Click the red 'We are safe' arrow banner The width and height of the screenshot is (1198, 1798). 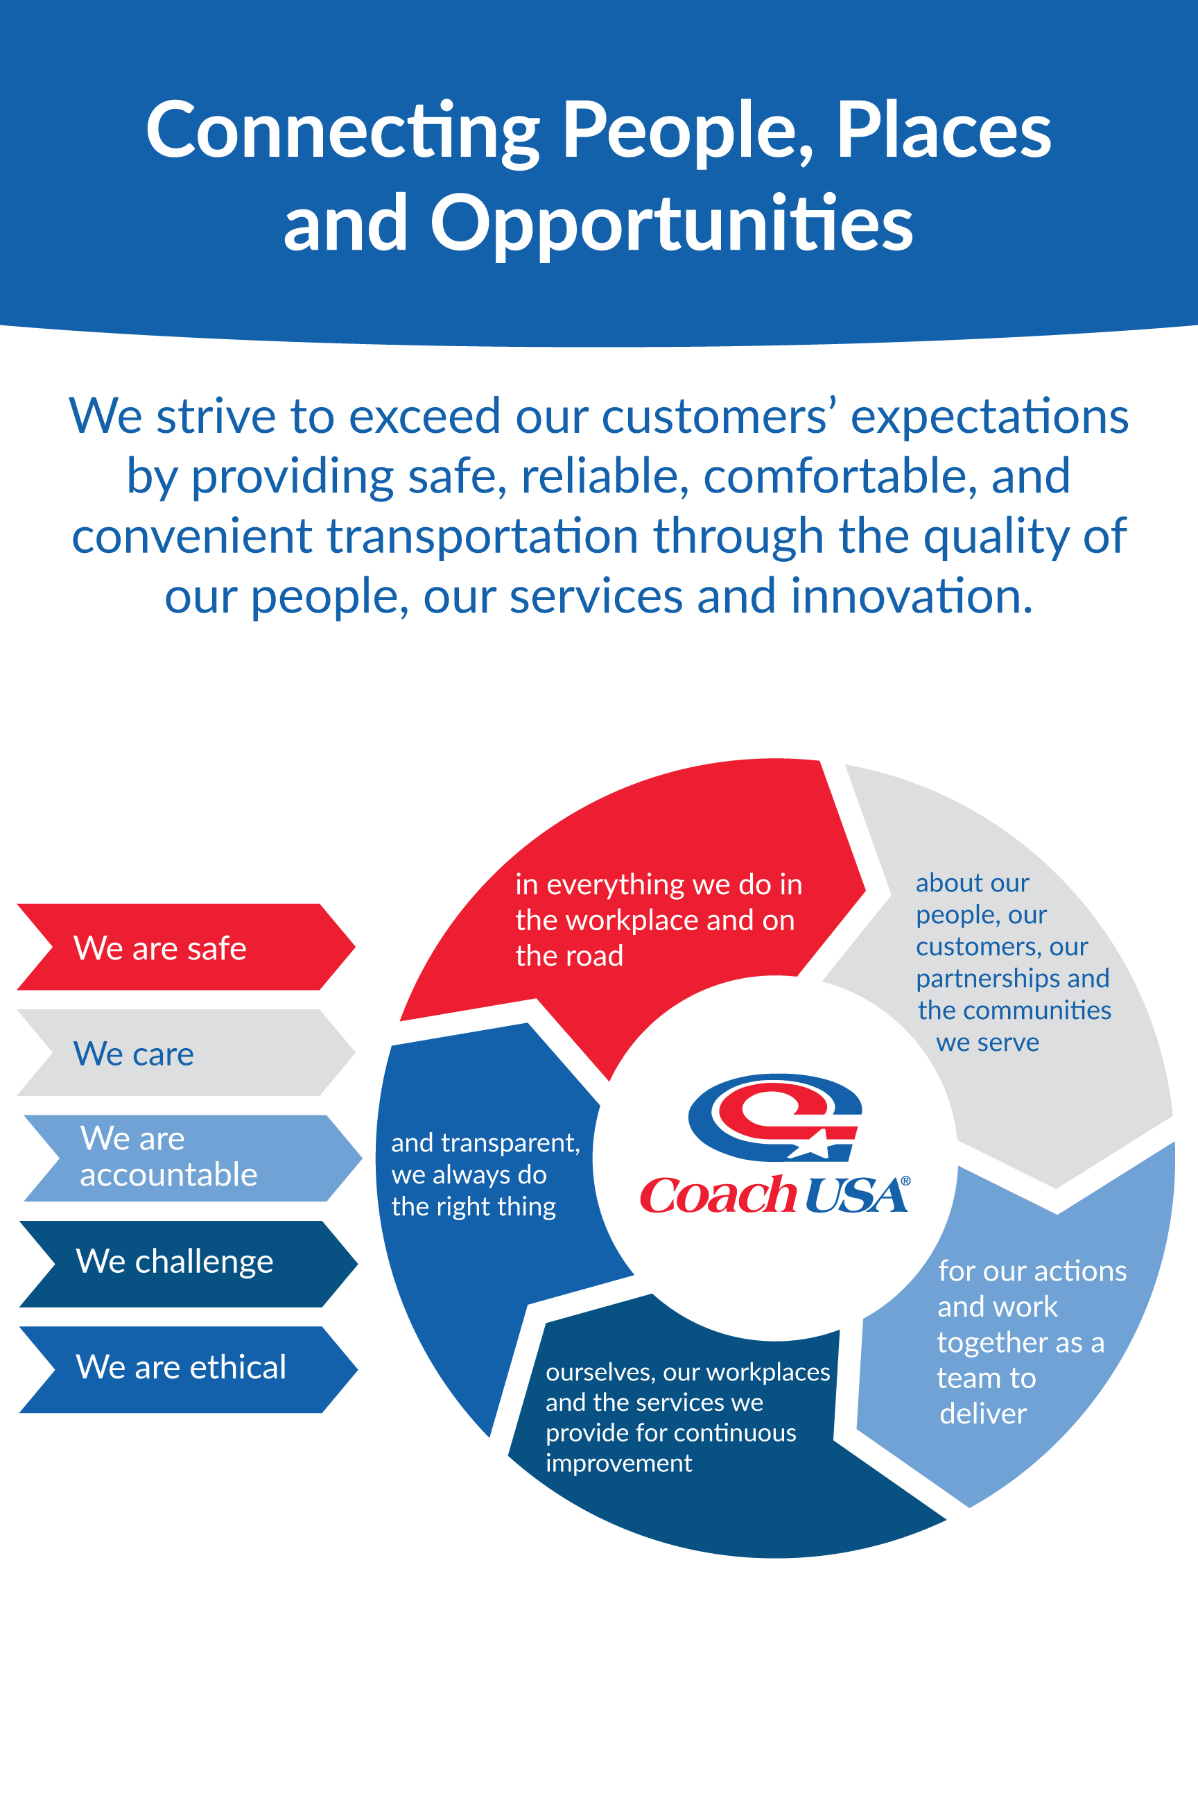pos(186,946)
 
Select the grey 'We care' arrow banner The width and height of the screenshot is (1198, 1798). pos(186,1053)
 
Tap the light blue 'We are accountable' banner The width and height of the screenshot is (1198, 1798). pos(193,1158)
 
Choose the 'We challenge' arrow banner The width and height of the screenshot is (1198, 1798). pos(188,1264)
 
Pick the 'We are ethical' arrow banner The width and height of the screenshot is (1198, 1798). pos(188,1369)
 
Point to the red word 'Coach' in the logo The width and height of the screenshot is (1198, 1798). pos(718,1195)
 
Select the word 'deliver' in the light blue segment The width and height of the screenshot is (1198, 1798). pos(982,1414)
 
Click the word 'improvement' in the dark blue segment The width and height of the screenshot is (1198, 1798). pos(619,1463)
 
